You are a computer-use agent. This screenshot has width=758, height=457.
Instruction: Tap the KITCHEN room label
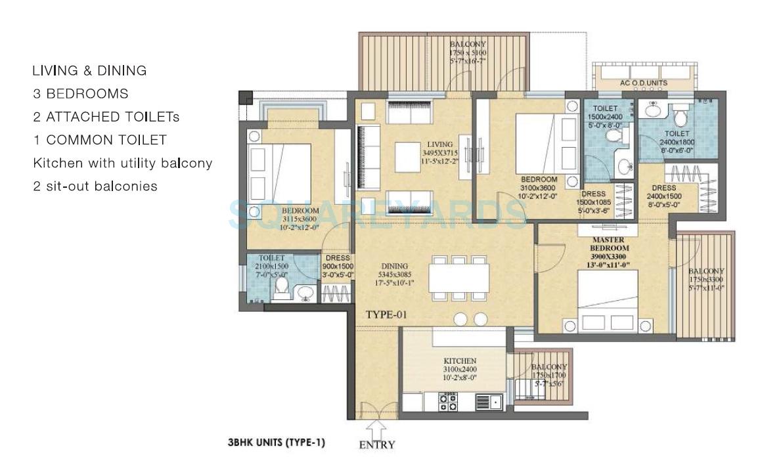(460, 362)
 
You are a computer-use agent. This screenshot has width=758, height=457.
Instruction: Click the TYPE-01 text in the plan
(386, 315)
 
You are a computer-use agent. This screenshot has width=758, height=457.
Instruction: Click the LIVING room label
(440, 144)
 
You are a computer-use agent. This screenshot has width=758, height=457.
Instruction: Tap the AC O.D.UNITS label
(644, 83)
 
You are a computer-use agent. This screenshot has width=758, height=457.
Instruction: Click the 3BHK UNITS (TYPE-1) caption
(277, 443)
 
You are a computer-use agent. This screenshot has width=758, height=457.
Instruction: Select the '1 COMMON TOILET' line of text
(100, 140)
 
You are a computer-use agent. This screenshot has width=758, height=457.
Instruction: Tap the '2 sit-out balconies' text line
(95, 186)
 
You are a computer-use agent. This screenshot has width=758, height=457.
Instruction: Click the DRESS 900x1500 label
(338, 267)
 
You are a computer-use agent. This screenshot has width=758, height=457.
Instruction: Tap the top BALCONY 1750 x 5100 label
(468, 53)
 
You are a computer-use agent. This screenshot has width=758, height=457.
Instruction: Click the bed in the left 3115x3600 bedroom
(279, 167)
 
